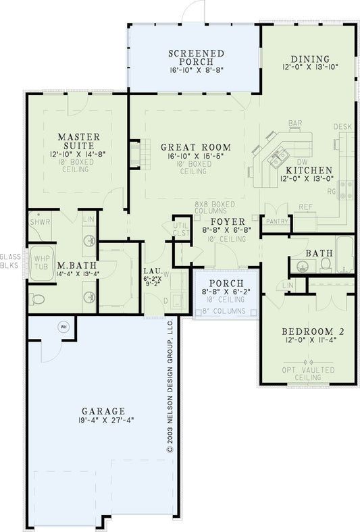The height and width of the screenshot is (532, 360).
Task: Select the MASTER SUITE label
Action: pyautogui.click(x=78, y=141)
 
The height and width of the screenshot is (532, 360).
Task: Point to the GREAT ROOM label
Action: pyautogui.click(x=195, y=147)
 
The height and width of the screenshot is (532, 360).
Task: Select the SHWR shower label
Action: pyautogui.click(x=38, y=221)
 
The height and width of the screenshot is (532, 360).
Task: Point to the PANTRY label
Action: pyautogui.click(x=277, y=221)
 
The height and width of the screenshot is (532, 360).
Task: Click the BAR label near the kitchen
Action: pyautogui.click(x=294, y=124)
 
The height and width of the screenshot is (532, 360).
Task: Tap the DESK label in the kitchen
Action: pyautogui.click(x=342, y=127)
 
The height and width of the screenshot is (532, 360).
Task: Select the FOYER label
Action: pyautogui.click(x=222, y=221)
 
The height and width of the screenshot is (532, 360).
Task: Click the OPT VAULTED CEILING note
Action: pyautogui.click(x=308, y=373)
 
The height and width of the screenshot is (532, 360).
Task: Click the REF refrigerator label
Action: pyautogui.click(x=306, y=207)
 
